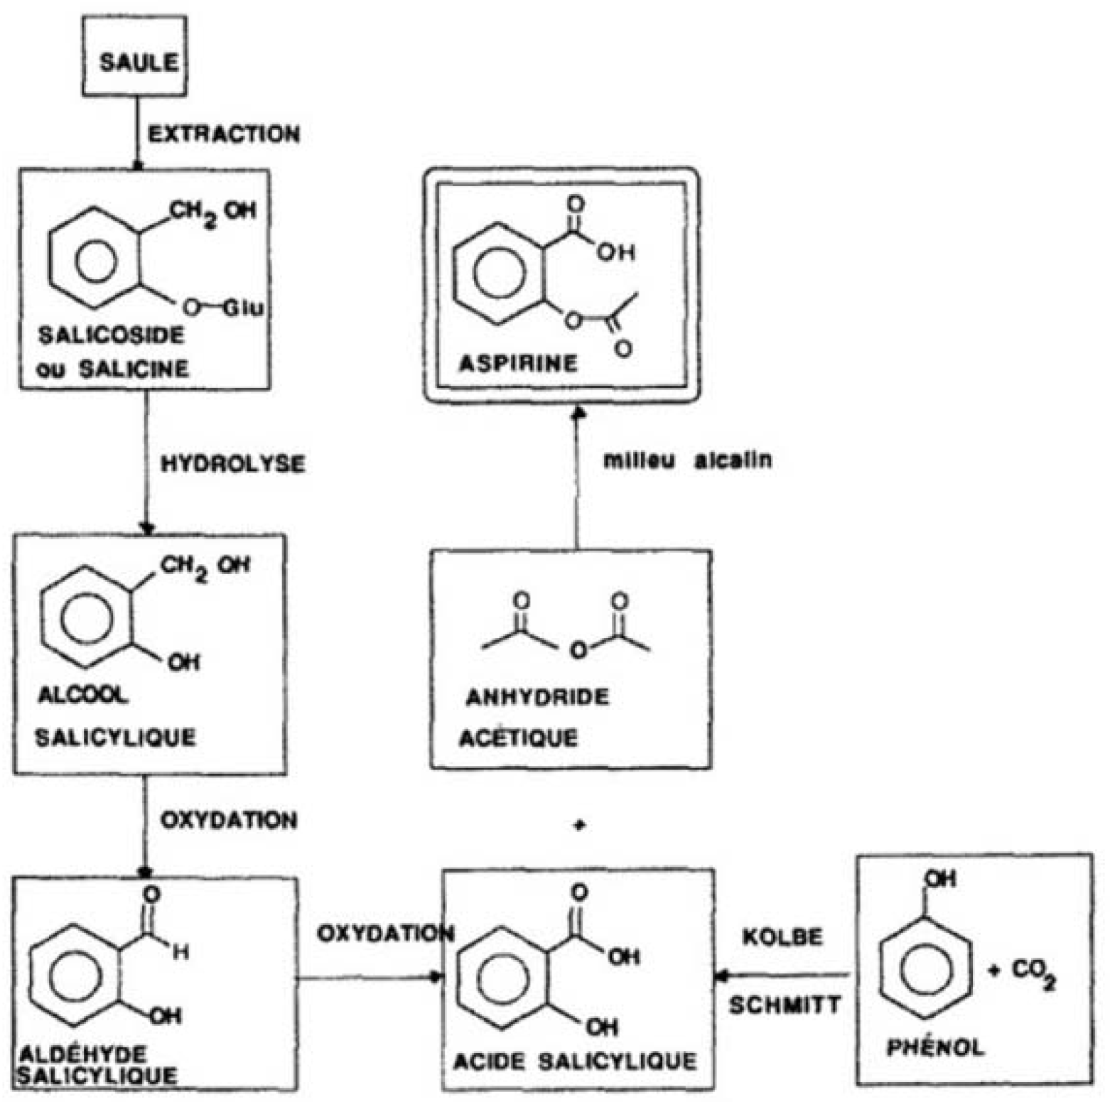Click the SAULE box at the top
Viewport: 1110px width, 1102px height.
(134, 56)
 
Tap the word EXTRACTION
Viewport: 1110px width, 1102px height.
(223, 134)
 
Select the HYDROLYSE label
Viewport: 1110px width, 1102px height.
(232, 464)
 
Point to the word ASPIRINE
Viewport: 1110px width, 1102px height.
(518, 364)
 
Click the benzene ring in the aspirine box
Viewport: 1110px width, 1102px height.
(500, 274)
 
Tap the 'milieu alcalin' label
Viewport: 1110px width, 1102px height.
(687, 460)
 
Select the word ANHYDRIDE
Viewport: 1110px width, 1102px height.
(537, 697)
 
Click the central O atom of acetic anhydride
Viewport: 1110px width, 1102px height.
(578, 649)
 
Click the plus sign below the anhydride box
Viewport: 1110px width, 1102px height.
(579, 825)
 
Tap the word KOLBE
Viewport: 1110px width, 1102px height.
(782, 937)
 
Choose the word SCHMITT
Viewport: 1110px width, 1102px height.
(785, 1005)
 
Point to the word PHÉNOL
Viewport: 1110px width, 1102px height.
(935, 1047)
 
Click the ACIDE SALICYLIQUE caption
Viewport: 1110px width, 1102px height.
(575, 1062)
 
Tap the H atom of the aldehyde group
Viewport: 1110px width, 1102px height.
(181, 952)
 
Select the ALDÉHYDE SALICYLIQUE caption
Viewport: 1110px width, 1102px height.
(97, 1064)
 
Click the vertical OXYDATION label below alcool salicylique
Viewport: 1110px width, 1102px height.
(229, 821)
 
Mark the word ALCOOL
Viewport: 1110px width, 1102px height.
(83, 695)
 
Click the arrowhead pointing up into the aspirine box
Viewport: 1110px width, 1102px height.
(578, 412)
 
